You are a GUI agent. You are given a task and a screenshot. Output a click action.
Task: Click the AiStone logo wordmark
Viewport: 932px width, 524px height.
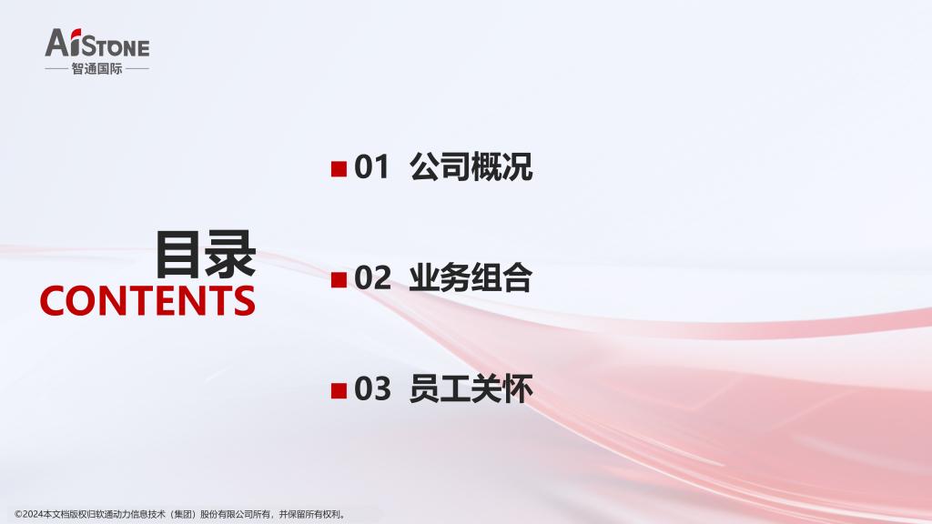point(97,43)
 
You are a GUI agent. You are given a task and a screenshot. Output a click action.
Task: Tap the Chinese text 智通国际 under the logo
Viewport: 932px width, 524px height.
point(96,69)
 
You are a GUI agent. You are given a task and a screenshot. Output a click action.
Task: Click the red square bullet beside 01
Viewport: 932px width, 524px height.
point(339,168)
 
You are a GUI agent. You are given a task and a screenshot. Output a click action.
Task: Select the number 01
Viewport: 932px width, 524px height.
point(372,167)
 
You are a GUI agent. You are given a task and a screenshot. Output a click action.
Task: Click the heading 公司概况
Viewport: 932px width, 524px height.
point(471,167)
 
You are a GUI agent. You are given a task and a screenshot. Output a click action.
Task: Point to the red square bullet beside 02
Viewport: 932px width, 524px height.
point(339,279)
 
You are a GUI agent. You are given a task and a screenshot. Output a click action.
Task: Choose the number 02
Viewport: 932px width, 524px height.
point(372,277)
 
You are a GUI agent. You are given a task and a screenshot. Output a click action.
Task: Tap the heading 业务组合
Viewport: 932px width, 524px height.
point(471,277)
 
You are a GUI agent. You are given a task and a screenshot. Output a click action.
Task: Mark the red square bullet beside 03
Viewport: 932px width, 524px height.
point(339,390)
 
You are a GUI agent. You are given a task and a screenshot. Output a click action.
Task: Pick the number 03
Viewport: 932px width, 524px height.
point(372,388)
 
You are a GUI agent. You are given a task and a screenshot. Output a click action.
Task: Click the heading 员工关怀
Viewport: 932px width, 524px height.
point(471,388)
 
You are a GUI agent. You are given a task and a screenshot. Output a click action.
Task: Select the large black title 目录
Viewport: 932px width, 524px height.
point(206,255)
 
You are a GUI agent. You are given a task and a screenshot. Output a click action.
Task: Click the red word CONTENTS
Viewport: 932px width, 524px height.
point(147,300)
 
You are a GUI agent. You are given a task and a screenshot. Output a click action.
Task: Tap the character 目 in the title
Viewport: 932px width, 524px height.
point(179,255)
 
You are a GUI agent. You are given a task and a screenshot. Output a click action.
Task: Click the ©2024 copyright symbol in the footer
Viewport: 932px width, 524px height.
point(18,515)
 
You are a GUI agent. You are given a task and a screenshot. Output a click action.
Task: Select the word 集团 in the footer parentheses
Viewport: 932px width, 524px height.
point(183,515)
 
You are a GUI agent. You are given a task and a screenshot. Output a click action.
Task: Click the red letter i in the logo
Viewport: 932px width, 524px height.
point(76,42)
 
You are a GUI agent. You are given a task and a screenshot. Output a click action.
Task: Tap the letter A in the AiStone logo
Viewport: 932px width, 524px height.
point(58,43)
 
